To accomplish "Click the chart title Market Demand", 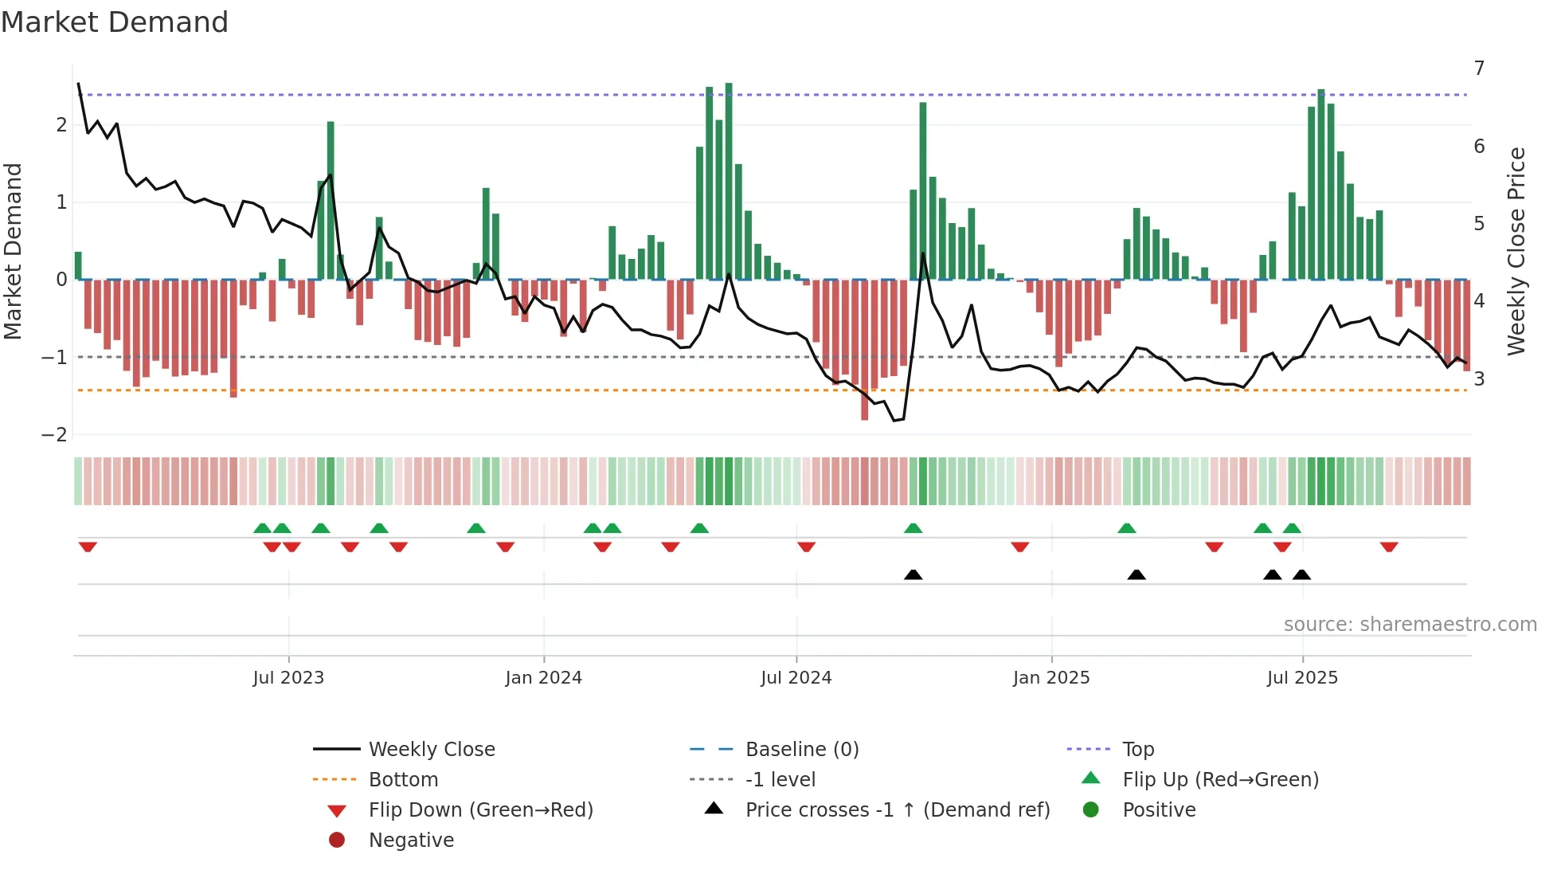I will (115, 22).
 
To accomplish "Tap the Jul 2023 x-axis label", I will (288, 678).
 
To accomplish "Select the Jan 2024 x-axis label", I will (543, 678).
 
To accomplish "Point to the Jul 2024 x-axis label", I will (796, 678).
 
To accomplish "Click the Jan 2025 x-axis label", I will (1051, 678).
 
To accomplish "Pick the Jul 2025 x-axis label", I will (1302, 678).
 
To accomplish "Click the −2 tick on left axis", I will (54, 435).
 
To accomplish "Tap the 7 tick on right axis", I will (1479, 69).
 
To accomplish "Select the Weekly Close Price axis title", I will (1516, 251).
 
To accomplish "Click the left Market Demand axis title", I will (14, 251).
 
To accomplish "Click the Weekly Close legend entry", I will (431, 750).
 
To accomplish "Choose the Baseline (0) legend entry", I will (801, 750).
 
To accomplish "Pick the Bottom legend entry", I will (403, 780).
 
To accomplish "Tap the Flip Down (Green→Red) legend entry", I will (480, 810).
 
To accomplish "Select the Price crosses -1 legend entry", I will (897, 810).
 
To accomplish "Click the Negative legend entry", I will (411, 841).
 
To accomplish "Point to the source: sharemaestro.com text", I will (1410, 625).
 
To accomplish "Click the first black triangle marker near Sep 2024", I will (914, 574).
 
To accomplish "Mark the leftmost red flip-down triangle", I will (88, 547).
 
